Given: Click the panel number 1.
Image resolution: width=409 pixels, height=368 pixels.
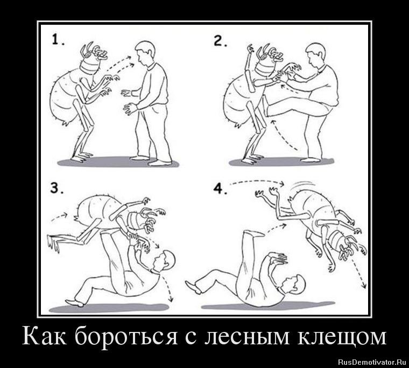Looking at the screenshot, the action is click(x=58, y=40).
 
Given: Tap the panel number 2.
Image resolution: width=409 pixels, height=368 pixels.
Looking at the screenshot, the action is click(x=220, y=41).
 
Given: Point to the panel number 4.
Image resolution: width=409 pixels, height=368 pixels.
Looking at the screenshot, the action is click(x=220, y=188).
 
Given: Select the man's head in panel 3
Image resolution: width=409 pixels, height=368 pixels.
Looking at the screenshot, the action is click(x=164, y=261).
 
